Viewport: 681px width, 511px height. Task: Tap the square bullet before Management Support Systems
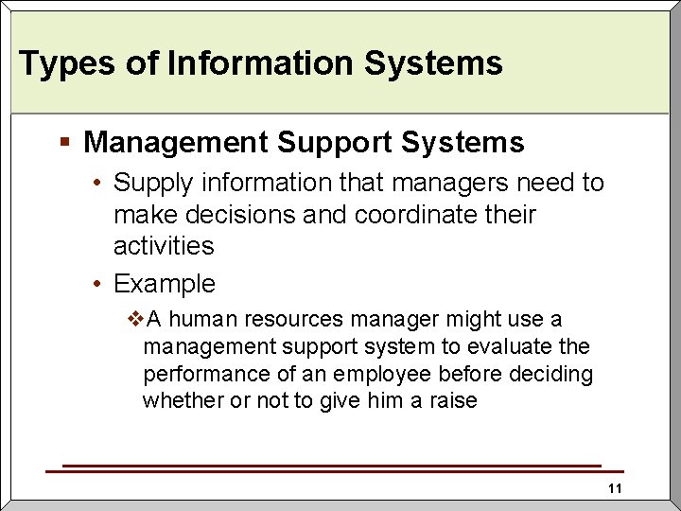pyautogui.click(x=64, y=142)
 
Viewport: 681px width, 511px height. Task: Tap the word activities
pyautogui.click(x=164, y=246)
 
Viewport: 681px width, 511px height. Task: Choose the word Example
pyautogui.click(x=165, y=283)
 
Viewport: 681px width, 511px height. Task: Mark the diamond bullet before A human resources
pyautogui.click(x=135, y=320)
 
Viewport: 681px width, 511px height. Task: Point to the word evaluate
pyautogui.click(x=514, y=347)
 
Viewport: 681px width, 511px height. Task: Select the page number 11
pyautogui.click(x=615, y=488)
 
